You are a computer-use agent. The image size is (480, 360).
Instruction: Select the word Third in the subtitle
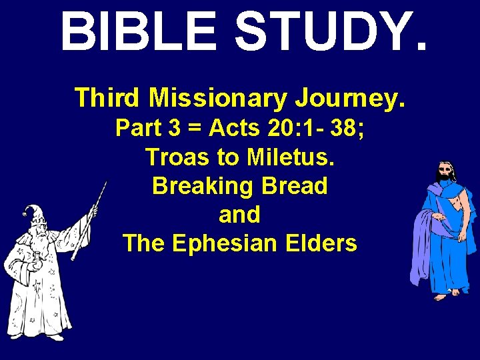pos(108,97)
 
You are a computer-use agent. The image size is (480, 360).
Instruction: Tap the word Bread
pos(297,186)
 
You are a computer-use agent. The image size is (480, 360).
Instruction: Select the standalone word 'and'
pos(239,215)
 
